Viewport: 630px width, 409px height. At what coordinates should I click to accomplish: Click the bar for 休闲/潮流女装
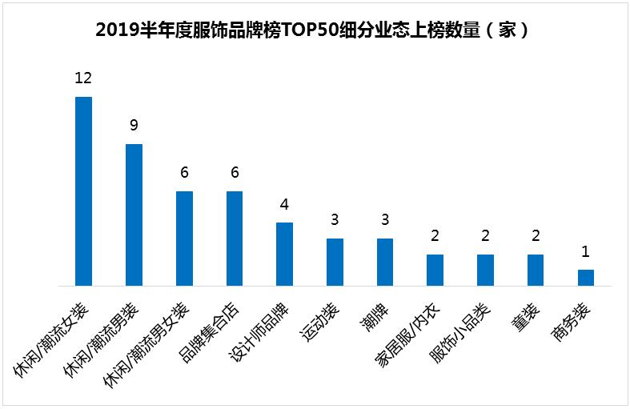point(83,191)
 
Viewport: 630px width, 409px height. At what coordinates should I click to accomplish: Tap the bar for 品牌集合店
point(235,239)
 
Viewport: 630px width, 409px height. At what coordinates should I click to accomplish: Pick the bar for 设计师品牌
point(284,254)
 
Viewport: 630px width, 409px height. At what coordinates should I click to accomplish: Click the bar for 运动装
point(335,262)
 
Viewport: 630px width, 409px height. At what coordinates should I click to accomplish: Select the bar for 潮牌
point(385,262)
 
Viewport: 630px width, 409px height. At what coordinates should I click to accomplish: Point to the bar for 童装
point(536,270)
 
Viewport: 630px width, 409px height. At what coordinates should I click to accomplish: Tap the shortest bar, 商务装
point(586,278)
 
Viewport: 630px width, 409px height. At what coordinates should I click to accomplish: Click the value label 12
point(83,78)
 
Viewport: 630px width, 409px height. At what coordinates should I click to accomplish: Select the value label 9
point(134,125)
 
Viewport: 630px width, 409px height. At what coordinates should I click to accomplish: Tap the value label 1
point(586,251)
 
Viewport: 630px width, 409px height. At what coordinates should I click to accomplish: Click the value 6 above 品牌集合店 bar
point(235,172)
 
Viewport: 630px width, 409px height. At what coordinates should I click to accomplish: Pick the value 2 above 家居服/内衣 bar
point(435,235)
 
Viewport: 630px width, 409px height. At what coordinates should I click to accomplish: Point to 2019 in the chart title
point(113,31)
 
